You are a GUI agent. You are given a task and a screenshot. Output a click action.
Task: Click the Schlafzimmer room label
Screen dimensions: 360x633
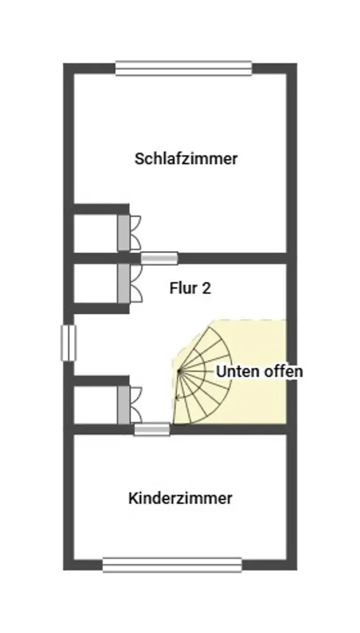pyautogui.click(x=185, y=159)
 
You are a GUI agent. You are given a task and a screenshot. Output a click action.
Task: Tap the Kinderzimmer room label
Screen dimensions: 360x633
pyautogui.click(x=180, y=498)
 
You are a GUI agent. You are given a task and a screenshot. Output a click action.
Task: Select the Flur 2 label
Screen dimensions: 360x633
pyautogui.click(x=190, y=288)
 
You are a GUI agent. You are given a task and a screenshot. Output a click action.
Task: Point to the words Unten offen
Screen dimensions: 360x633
pyautogui.click(x=259, y=372)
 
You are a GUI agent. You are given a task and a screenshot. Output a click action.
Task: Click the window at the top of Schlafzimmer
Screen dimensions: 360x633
pyautogui.click(x=183, y=68)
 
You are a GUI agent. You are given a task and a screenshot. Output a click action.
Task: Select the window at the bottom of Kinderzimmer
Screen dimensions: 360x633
pyautogui.click(x=172, y=565)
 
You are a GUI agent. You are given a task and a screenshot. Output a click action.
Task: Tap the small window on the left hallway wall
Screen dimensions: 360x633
pyautogui.click(x=68, y=342)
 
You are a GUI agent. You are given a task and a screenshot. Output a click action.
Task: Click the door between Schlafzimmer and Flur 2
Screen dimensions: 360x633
pyautogui.click(x=159, y=258)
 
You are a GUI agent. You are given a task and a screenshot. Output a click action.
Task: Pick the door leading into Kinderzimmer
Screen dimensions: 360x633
pyautogui.click(x=152, y=430)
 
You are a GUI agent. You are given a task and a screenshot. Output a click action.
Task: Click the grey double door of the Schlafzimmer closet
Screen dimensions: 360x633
pyautogui.click(x=124, y=233)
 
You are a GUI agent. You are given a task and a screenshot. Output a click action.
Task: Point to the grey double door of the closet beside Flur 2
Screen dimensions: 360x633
pyautogui.click(x=124, y=284)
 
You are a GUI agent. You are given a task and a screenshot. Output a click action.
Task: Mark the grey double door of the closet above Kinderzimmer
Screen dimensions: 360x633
pyautogui.click(x=124, y=405)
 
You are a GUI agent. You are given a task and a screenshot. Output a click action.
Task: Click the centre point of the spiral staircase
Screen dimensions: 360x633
pyautogui.click(x=179, y=370)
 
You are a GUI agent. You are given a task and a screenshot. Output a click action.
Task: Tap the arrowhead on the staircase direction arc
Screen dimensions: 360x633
pyautogui.click(x=177, y=398)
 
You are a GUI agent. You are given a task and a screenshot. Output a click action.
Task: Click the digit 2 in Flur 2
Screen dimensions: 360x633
pyautogui.click(x=206, y=288)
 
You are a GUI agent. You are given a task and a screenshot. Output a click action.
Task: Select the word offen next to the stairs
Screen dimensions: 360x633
pyautogui.click(x=283, y=372)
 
